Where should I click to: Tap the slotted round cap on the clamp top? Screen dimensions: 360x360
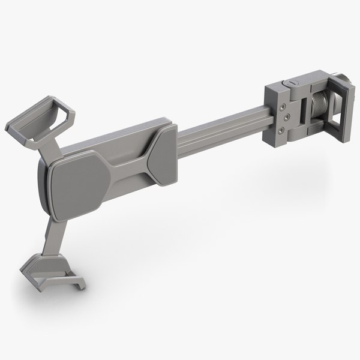[x=291, y=80]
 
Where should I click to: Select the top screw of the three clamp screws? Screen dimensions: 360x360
[x=281, y=106]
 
